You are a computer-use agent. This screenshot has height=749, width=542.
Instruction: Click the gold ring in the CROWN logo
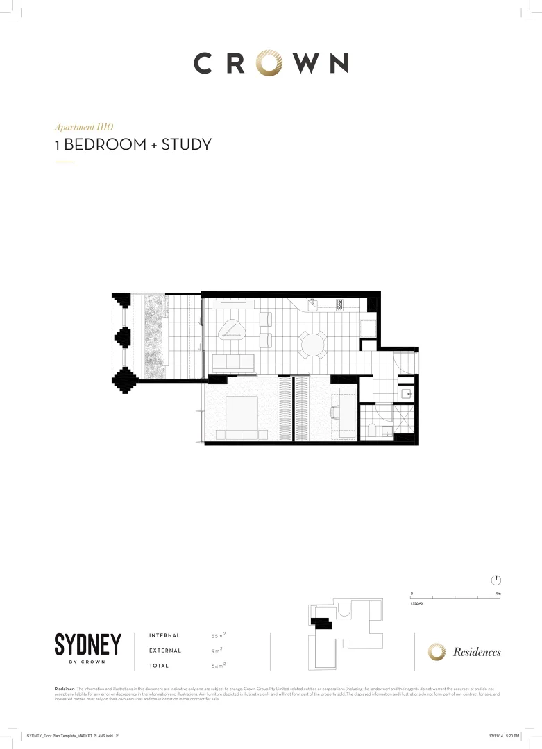pyautogui.click(x=271, y=63)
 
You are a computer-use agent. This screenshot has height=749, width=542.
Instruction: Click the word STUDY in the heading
pyautogui.click(x=186, y=146)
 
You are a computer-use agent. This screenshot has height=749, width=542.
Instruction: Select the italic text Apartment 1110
pyautogui.click(x=83, y=128)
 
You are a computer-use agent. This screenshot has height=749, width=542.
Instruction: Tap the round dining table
pyautogui.click(x=313, y=343)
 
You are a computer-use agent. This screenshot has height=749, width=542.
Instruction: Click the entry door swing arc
pyautogui.click(x=401, y=362)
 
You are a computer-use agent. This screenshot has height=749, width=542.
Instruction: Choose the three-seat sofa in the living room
pyautogui.click(x=233, y=362)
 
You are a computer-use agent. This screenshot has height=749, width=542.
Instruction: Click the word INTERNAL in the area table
pyautogui.click(x=164, y=635)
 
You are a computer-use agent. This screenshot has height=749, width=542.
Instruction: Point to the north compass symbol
pyautogui.click(x=496, y=580)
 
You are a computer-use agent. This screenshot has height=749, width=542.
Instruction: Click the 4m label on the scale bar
pyautogui.click(x=498, y=594)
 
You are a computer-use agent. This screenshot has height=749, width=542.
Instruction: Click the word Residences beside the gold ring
pyautogui.click(x=477, y=652)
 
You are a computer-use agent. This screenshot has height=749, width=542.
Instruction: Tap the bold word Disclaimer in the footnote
pyautogui.click(x=64, y=688)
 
